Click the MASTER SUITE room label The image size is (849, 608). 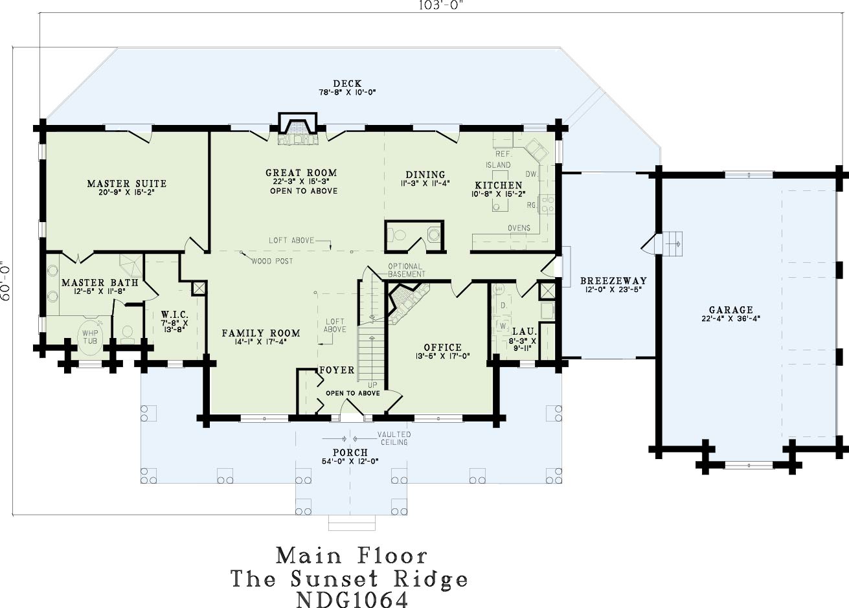pyautogui.click(x=126, y=184)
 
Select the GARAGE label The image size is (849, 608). pyautogui.click(x=731, y=310)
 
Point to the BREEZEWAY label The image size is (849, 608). pyautogui.click(x=613, y=281)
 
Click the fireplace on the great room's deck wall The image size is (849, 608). pyautogui.click(x=297, y=129)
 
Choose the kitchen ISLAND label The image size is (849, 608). pyautogui.click(x=498, y=165)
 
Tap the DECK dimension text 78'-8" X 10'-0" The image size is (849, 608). pyautogui.click(x=347, y=92)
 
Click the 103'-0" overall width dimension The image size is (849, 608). pyautogui.click(x=441, y=5)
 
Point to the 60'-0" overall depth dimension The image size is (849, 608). pyautogui.click(x=5, y=281)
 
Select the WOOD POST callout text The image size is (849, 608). pyautogui.click(x=272, y=261)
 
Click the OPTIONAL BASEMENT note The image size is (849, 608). pyautogui.click(x=406, y=270)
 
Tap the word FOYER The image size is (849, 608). pyautogui.click(x=337, y=370)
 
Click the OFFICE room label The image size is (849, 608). pyautogui.click(x=443, y=347)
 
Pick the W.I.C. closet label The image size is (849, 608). pyautogui.click(x=174, y=315)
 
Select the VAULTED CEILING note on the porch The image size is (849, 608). pyautogui.click(x=394, y=438)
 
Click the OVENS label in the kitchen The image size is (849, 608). pyautogui.click(x=519, y=228)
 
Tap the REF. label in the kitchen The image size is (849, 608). pyautogui.click(x=504, y=154)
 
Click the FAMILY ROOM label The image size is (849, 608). pyautogui.click(x=261, y=333)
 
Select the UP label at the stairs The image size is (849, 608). pyautogui.click(x=372, y=385)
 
